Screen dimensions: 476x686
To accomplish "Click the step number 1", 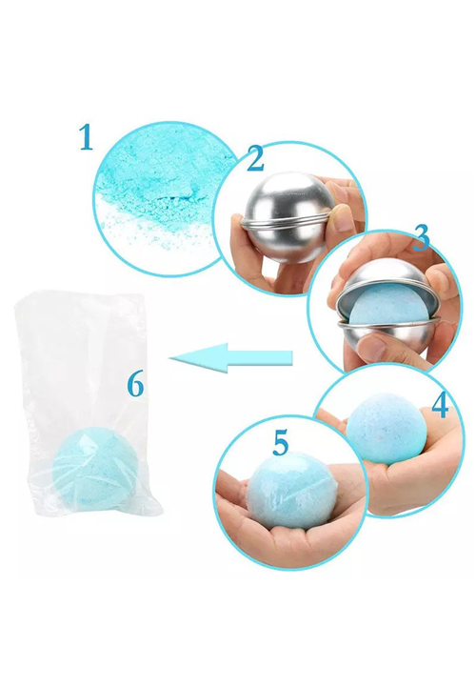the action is coord(86,137).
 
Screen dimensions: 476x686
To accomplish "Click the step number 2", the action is coord(255,158).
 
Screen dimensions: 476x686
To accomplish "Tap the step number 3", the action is coord(422,238).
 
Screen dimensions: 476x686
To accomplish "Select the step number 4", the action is coord(440,405).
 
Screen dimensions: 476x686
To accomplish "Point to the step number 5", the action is coord(281,442).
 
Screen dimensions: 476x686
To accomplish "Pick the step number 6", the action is coord(135,385).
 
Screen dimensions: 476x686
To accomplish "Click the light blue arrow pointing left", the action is coord(230,358).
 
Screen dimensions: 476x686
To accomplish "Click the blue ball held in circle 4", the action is coord(386,428).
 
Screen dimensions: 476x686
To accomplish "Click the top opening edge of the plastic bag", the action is coord(79,297).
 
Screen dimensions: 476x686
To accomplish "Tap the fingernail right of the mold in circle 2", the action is coord(343,219).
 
